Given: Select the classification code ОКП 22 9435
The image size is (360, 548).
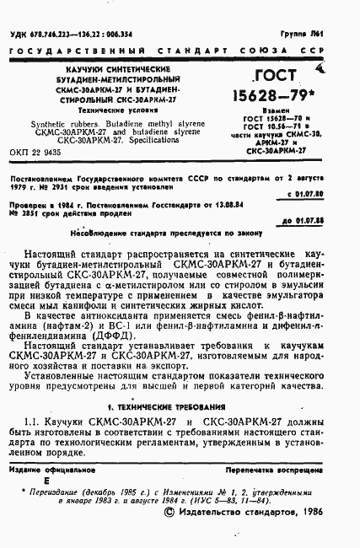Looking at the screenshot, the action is tap(39, 156).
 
